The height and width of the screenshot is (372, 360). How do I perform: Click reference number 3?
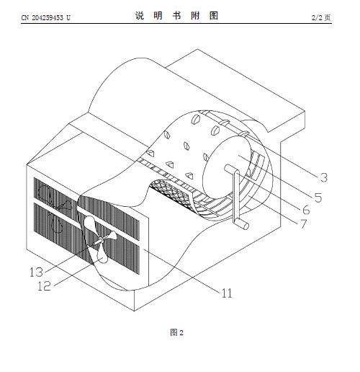pos(324,177)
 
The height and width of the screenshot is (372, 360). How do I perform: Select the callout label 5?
pos(318,198)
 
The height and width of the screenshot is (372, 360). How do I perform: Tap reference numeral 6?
pos(306,210)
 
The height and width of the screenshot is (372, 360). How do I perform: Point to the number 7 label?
pos(303,224)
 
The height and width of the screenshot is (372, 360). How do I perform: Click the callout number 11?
pos(227,293)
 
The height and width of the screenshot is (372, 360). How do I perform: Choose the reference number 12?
pos(44,286)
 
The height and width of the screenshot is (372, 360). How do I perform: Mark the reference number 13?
pos(36,273)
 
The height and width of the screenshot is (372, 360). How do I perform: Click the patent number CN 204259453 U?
pos(46,17)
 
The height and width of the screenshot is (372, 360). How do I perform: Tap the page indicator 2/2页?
pos(321,17)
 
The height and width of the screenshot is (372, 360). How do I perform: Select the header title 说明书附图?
pos(176,16)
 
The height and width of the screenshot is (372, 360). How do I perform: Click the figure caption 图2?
pos(176,332)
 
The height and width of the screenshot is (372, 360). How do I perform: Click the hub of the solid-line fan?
pos(100,239)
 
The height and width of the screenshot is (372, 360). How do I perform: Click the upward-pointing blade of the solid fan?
pos(91,226)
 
